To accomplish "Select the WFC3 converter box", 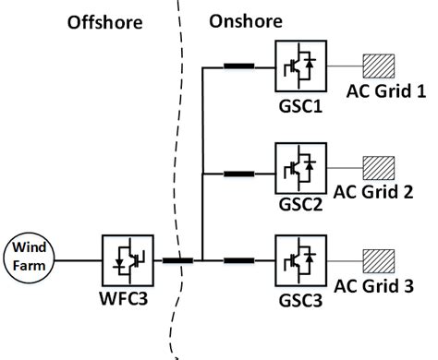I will (125, 259).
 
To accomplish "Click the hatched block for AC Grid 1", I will (379, 66).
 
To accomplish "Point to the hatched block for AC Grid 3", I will (379, 260).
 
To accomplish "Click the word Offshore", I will (105, 22).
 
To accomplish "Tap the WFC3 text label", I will (126, 300).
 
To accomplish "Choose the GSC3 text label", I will (298, 300).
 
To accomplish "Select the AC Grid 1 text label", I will (385, 92).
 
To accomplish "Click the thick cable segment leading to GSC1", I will (240, 66).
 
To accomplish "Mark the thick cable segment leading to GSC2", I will (240, 172).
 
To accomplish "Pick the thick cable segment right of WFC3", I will (177, 260).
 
